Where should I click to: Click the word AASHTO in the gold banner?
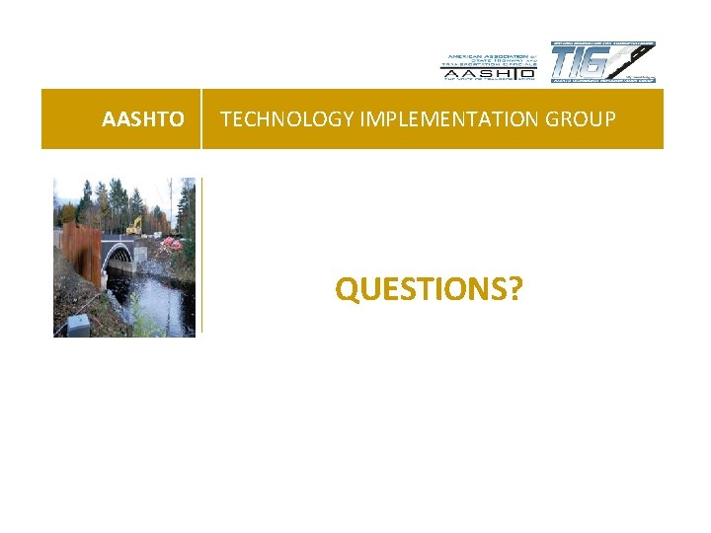pyautogui.click(x=142, y=119)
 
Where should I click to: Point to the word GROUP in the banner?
pyautogui.click(x=585, y=119)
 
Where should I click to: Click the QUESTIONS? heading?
pyautogui.click(x=429, y=289)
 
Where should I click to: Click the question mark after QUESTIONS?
pyautogui.click(x=516, y=289)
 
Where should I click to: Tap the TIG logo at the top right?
pyautogui.click(x=602, y=62)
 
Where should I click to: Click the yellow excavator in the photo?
pyautogui.click(x=134, y=225)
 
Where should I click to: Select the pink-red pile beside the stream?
pyautogui.click(x=172, y=242)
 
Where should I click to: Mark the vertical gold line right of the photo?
pyautogui.click(x=200, y=257)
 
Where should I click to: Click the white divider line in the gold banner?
pyautogui.click(x=201, y=119)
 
